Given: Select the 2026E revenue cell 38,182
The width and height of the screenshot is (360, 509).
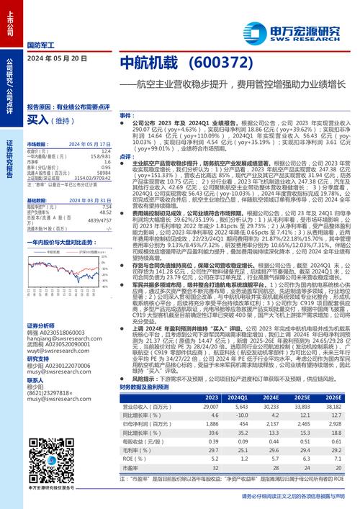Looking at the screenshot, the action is pyautogui.click(x=333, y=406).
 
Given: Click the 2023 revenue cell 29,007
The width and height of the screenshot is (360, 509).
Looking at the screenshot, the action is pyautogui.click(x=211, y=406).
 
